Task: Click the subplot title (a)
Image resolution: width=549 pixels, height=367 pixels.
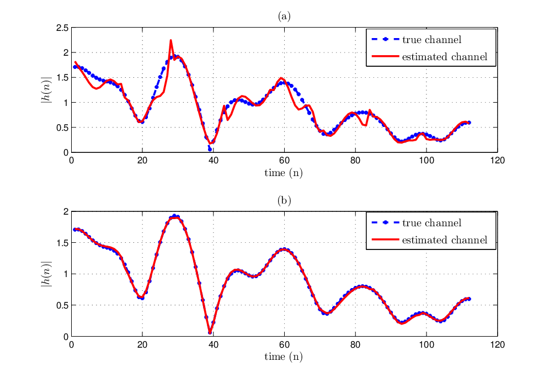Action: pyautogui.click(x=284, y=17)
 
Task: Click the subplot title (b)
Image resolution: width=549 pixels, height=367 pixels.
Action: pyautogui.click(x=284, y=201)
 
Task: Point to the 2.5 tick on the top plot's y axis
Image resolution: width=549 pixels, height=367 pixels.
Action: pyautogui.click(x=62, y=28)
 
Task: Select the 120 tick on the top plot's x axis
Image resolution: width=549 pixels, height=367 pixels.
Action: pyautogui.click(x=497, y=161)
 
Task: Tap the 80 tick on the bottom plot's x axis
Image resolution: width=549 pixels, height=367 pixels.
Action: pyautogui.click(x=355, y=345)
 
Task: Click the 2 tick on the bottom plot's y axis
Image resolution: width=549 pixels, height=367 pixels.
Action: pyautogui.click(x=66, y=211)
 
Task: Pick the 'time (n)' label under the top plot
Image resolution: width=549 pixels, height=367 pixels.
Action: pyautogui.click(x=284, y=173)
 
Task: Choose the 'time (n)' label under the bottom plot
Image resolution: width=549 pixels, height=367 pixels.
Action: pyautogui.click(x=284, y=357)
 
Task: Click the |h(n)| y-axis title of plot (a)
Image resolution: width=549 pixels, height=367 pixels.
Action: pyautogui.click(x=46, y=90)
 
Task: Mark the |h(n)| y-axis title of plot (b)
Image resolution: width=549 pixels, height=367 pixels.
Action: pyautogui.click(x=46, y=274)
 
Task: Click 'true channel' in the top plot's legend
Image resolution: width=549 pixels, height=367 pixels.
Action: pyautogui.click(x=431, y=40)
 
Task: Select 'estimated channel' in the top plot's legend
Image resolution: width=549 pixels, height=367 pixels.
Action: pyautogui.click(x=445, y=57)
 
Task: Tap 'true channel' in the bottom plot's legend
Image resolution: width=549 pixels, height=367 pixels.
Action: pyautogui.click(x=431, y=223)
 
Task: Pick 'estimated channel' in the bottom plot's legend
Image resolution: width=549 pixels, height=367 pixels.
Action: pyautogui.click(x=445, y=240)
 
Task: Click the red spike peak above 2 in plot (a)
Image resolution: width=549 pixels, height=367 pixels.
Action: pyautogui.click(x=170, y=40)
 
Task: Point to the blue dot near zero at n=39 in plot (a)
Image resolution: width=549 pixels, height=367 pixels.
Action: pyautogui.click(x=210, y=150)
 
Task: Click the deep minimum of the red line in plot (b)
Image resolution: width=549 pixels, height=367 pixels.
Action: pyautogui.click(x=210, y=333)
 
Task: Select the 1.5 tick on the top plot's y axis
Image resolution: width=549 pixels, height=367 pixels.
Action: pyautogui.click(x=62, y=78)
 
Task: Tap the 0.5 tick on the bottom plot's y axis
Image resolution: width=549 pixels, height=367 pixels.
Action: pyautogui.click(x=62, y=305)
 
